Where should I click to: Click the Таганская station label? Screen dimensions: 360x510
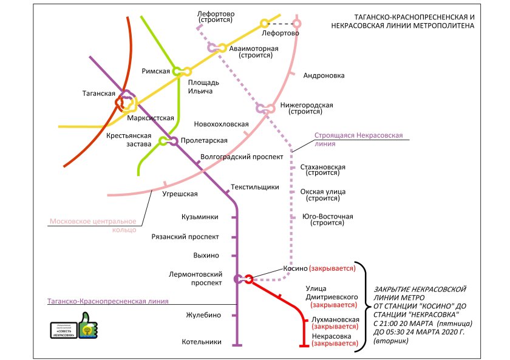coord(98,93)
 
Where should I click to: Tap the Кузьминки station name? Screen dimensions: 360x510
coord(199,217)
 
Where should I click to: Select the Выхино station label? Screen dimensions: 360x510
coord(206,256)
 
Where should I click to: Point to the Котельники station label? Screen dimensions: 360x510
coord(202,342)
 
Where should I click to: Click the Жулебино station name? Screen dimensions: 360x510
coord(203,315)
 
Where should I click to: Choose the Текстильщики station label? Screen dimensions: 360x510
coord(255,187)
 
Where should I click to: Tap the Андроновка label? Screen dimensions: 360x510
coord(324,76)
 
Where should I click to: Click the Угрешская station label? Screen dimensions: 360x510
coord(180,194)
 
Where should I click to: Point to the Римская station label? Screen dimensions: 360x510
coord(155,71)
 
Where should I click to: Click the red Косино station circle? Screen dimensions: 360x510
coord(249,279)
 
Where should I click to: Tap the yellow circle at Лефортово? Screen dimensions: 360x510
coord(264,24)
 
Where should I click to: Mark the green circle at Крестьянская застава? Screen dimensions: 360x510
coord(163,141)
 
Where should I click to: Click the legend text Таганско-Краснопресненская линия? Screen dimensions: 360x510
coord(107,301)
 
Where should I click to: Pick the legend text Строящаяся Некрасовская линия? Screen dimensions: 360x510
coord(358,140)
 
